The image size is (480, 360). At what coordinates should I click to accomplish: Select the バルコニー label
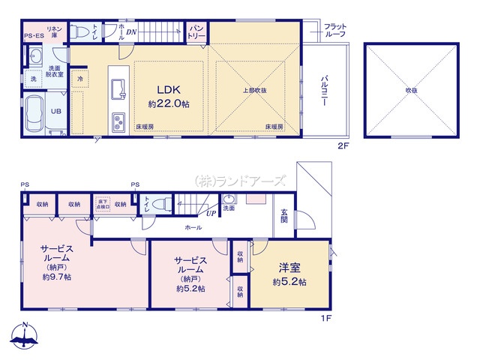click(x=324, y=92)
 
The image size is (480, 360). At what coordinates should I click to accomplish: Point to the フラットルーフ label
click(x=334, y=31)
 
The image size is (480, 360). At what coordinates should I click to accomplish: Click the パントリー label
click(x=196, y=31)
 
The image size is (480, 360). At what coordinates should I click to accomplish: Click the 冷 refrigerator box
click(x=79, y=78)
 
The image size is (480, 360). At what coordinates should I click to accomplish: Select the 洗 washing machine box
click(x=33, y=79)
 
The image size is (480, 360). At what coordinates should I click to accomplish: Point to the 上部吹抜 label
click(x=254, y=91)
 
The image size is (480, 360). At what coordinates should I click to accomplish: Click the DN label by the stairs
click(x=131, y=32)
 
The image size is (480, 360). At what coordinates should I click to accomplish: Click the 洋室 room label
click(x=289, y=268)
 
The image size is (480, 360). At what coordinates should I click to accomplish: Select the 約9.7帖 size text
click(x=57, y=277)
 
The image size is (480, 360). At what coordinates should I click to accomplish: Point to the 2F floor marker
click(x=342, y=147)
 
